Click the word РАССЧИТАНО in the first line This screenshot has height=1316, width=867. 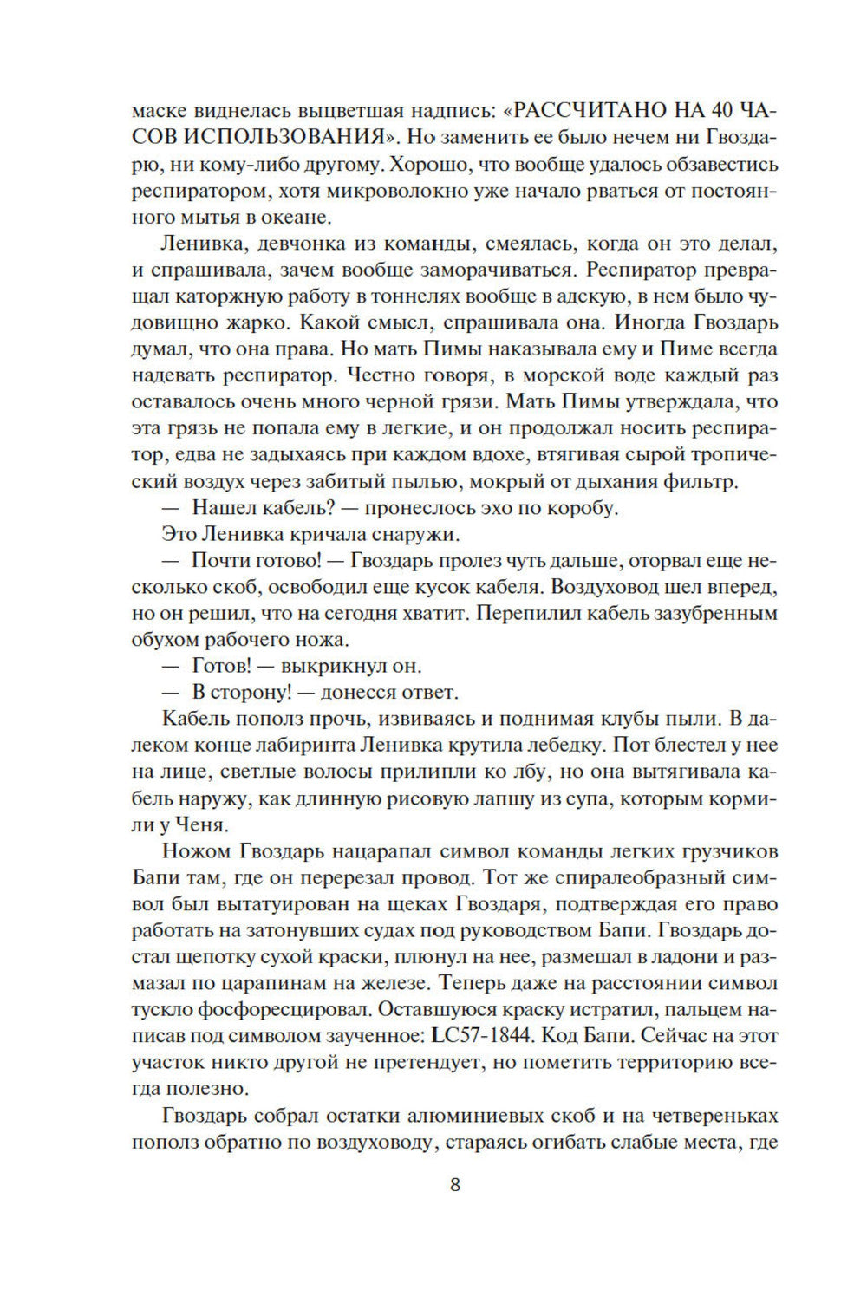pos(597,111)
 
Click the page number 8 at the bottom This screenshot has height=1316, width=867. pos(455,1185)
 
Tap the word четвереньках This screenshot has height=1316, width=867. pos(714,1116)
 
